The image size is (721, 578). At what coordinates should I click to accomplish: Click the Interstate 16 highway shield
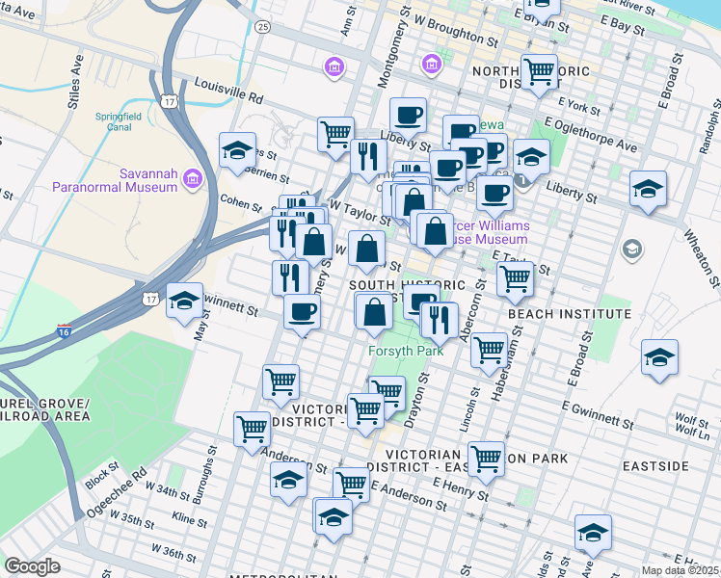point(64,330)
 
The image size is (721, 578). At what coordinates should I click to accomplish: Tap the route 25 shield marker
point(262,27)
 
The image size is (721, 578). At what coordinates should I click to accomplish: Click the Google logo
point(33,566)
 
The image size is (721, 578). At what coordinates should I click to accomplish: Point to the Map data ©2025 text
point(680,570)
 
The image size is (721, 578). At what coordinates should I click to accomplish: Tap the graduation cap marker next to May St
point(184,301)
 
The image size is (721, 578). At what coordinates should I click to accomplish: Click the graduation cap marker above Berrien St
point(237,150)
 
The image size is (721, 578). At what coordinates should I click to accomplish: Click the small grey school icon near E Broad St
point(632,250)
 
